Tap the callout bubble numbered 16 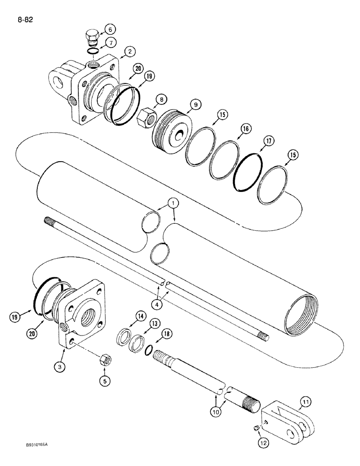245,129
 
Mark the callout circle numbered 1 173,204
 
